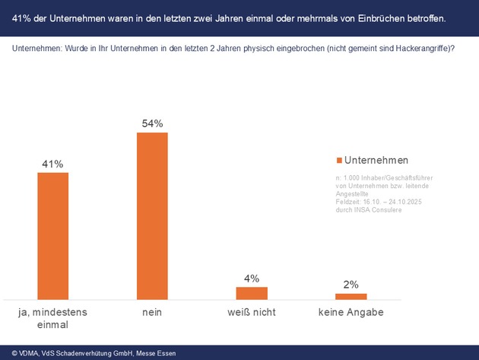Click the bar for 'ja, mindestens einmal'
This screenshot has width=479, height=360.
click(x=52, y=235)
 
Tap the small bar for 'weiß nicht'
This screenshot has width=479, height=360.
click(x=252, y=292)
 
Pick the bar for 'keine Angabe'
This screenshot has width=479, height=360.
click(x=351, y=296)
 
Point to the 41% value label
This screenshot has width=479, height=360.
click(x=52, y=164)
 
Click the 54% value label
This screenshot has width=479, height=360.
click(x=152, y=123)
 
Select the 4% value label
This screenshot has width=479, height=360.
click(x=252, y=278)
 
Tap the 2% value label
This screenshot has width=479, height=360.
click(x=351, y=285)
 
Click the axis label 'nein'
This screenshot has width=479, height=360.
click(x=152, y=312)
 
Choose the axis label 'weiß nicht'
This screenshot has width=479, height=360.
click(x=252, y=312)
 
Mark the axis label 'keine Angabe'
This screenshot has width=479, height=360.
click(x=351, y=312)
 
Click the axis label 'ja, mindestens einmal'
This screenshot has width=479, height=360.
click(x=52, y=318)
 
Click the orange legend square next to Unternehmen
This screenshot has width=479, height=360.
click(x=339, y=161)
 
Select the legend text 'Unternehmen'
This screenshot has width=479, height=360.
click(x=376, y=160)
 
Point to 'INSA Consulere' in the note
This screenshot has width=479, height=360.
click(x=376, y=210)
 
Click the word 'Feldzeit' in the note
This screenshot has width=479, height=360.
click(x=347, y=202)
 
